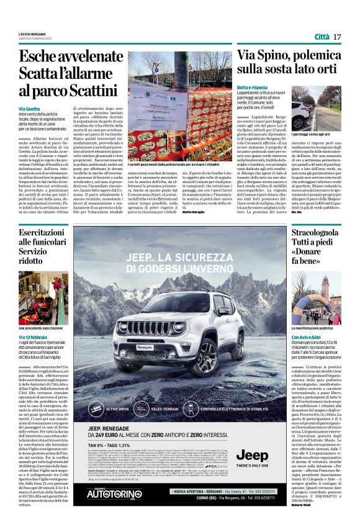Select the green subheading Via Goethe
tap(30, 109)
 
